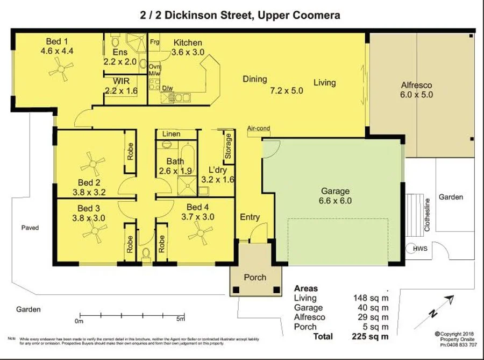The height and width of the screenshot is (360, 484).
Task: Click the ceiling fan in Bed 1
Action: [x=60, y=68]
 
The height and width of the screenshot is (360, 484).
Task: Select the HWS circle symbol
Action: [x=420, y=249]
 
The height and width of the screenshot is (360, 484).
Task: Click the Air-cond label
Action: [x=259, y=129]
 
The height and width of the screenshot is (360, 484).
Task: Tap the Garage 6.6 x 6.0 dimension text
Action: [x=336, y=201]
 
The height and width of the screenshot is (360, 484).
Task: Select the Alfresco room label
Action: [x=417, y=85]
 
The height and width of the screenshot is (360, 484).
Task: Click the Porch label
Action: [x=255, y=277]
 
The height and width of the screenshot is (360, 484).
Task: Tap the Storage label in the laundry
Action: [x=228, y=146]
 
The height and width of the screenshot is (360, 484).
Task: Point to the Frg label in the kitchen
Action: [x=155, y=41]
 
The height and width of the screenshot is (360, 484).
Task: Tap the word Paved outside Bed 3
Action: [x=30, y=228]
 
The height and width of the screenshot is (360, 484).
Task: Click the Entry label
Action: [x=250, y=217]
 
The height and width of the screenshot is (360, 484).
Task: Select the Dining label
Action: [x=254, y=79]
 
